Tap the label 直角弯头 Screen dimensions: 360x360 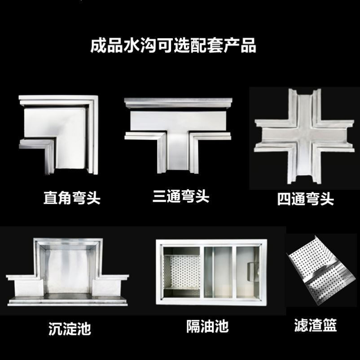(x=72, y=198)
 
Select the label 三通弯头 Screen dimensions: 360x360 (x=181, y=196)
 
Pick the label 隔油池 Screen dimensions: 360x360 (x=207, y=326)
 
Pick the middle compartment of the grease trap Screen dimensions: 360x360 (x=219, y=272)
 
